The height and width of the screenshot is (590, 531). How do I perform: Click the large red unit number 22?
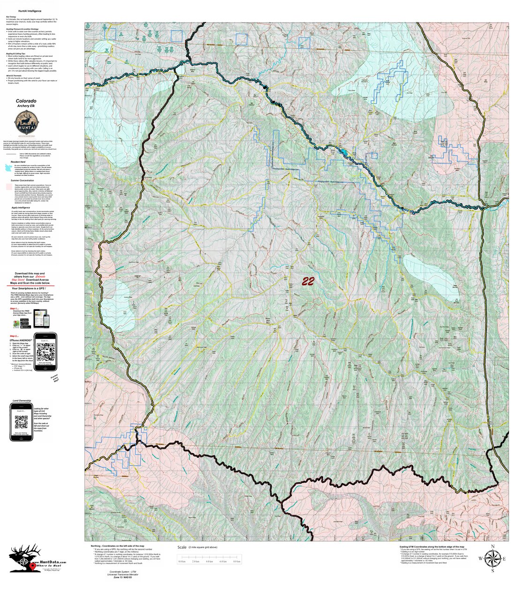click(308, 281)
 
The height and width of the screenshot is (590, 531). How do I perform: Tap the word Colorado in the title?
click(26, 101)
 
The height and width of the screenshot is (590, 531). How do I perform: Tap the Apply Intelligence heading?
click(21, 207)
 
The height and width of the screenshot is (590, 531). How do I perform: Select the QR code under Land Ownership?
click(22, 422)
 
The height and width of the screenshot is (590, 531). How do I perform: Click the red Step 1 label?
click(14, 309)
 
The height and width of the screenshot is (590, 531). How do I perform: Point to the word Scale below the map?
click(182, 547)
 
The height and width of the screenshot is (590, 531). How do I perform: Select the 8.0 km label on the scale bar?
click(237, 562)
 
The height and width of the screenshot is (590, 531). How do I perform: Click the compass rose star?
click(493, 558)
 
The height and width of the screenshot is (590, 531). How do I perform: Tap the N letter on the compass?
click(493, 546)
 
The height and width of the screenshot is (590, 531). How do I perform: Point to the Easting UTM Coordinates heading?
click(432, 547)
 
